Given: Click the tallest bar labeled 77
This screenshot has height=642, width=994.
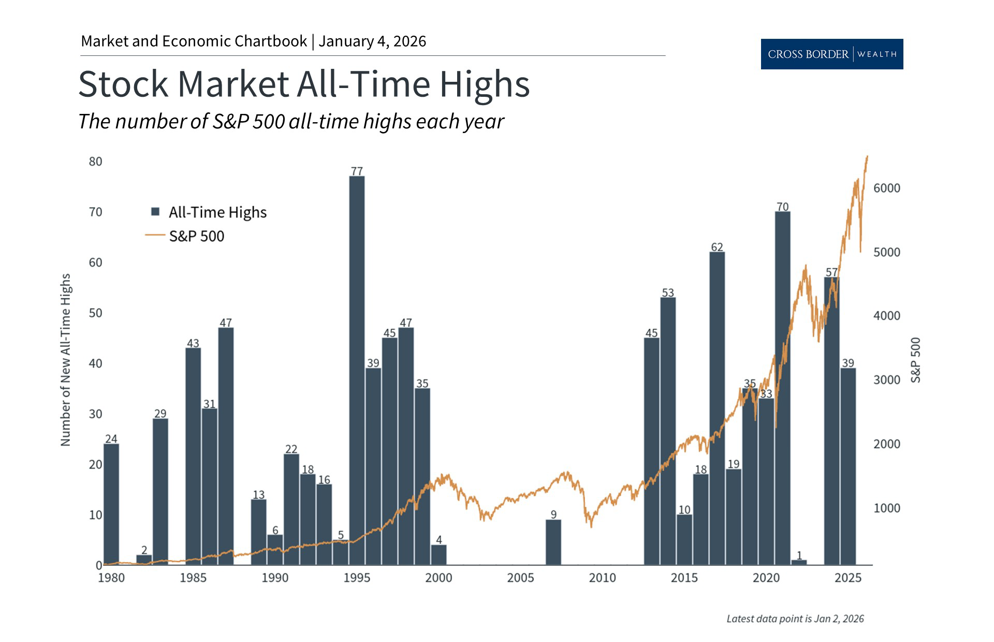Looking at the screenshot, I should click(357, 370).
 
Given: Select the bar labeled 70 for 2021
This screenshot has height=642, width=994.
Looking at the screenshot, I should click(782, 388).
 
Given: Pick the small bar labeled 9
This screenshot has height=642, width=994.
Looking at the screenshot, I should click(553, 542).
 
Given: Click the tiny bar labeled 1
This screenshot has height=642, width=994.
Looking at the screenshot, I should click(799, 562).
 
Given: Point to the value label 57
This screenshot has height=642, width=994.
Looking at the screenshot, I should click(831, 272).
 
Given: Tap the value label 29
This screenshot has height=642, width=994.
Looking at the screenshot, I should click(160, 413).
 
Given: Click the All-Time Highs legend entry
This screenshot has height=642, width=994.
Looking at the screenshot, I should click(210, 212).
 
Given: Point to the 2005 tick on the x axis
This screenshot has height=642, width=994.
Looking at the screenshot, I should click(520, 578).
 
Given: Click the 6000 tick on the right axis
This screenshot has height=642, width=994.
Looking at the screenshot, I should click(886, 188).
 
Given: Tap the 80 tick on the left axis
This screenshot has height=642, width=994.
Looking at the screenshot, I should click(96, 162).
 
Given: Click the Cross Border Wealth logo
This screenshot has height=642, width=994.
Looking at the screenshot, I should click(831, 54).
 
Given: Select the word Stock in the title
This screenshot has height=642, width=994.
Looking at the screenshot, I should click(123, 84).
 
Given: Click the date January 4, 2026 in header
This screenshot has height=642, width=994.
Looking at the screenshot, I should click(372, 41).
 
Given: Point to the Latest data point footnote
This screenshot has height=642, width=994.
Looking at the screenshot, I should click(795, 619).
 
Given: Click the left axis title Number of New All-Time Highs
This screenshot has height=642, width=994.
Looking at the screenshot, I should click(66, 360).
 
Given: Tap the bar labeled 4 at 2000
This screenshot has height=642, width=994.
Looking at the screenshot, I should click(438, 555).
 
